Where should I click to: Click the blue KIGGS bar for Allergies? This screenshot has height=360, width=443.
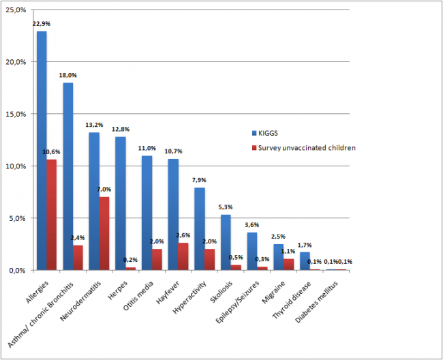42,151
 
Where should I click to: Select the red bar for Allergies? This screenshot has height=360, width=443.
51,215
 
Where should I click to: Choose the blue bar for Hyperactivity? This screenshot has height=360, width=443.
199,229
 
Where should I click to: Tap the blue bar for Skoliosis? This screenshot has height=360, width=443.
226,243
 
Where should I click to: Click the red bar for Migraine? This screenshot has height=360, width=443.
288,265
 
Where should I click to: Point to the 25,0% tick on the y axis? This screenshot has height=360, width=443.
17,10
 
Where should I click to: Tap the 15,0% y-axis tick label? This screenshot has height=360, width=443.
17,114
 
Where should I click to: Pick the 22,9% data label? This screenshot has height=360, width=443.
42,24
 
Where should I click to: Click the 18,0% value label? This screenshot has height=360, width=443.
68,75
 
